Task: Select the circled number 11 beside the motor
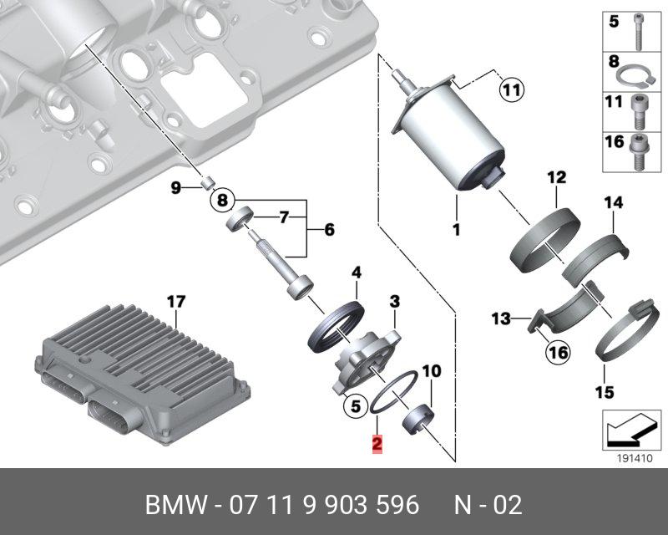(510, 88)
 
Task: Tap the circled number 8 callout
(221, 200)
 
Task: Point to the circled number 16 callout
(557, 353)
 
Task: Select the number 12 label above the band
(556, 177)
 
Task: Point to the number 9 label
(176, 188)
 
